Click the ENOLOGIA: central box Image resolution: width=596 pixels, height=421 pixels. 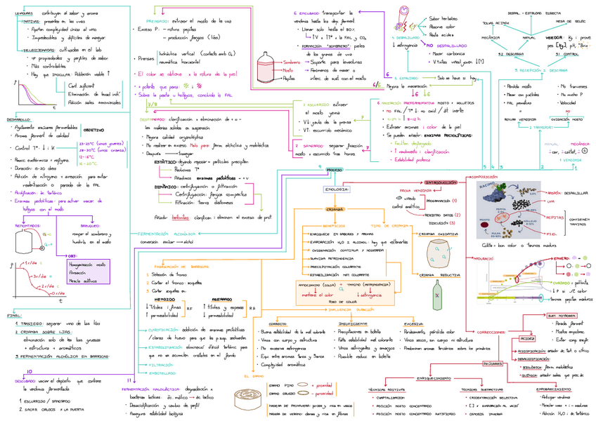(332, 189)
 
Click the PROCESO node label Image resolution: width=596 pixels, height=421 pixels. (335, 171)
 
